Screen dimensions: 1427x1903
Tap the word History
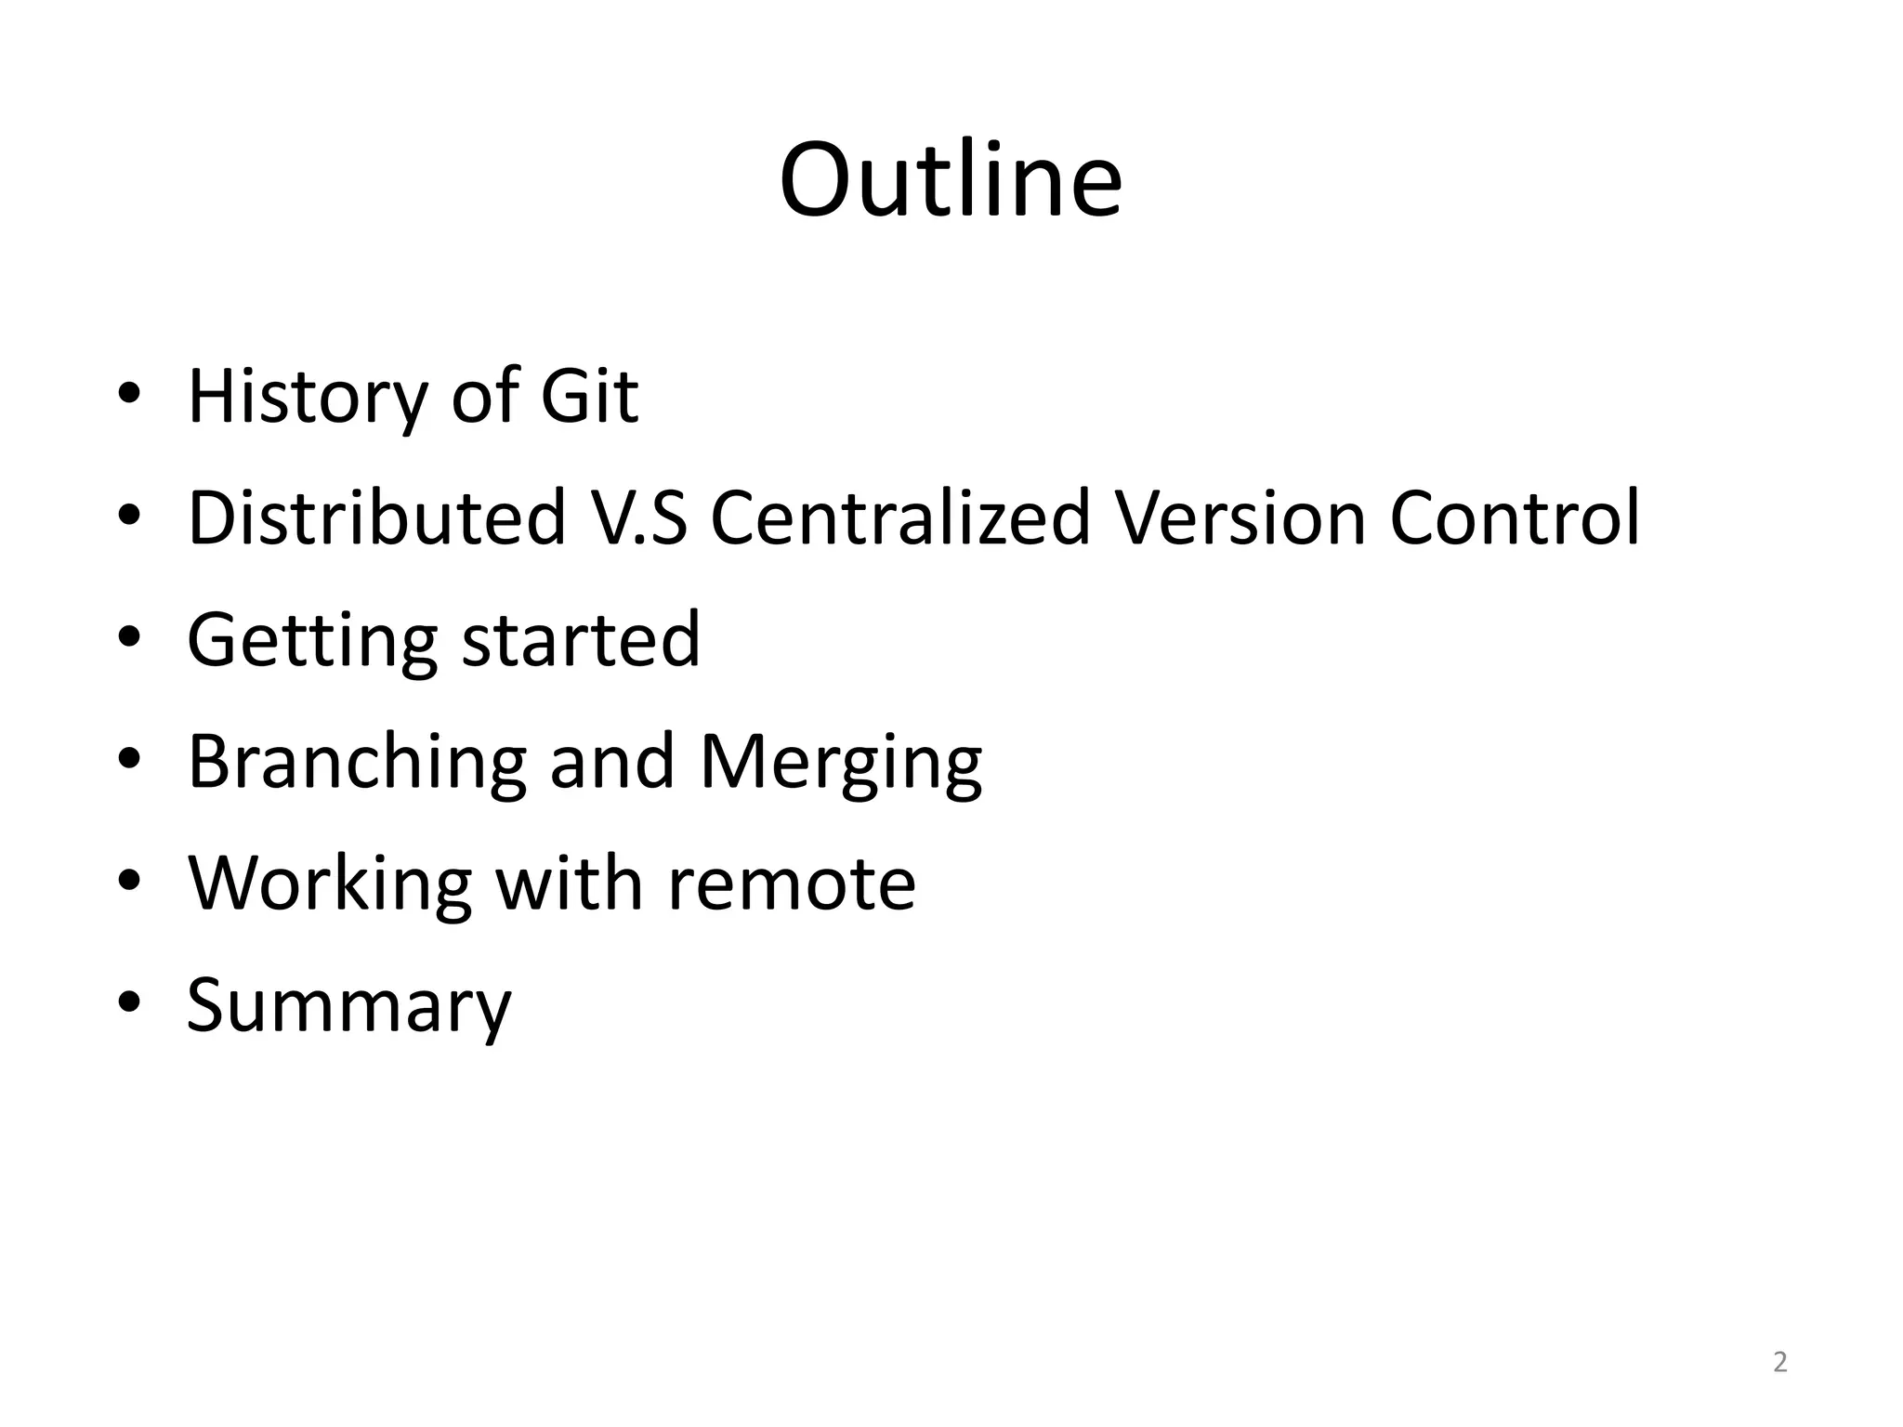tap(307, 398)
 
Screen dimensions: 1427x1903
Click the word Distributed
tap(376, 517)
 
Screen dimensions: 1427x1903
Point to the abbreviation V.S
tap(639, 517)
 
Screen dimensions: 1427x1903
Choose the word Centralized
tap(899, 517)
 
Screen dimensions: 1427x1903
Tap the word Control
tap(1515, 517)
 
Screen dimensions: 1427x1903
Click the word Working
tap(330, 884)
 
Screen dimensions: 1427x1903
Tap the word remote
tap(792, 884)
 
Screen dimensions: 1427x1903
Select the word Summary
tap(348, 1007)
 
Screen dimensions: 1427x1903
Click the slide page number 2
tap(1779, 1362)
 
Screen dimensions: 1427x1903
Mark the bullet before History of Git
tap(129, 393)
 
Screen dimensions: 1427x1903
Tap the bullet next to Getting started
tap(129, 636)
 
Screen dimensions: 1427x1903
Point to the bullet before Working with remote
tap(129, 880)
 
